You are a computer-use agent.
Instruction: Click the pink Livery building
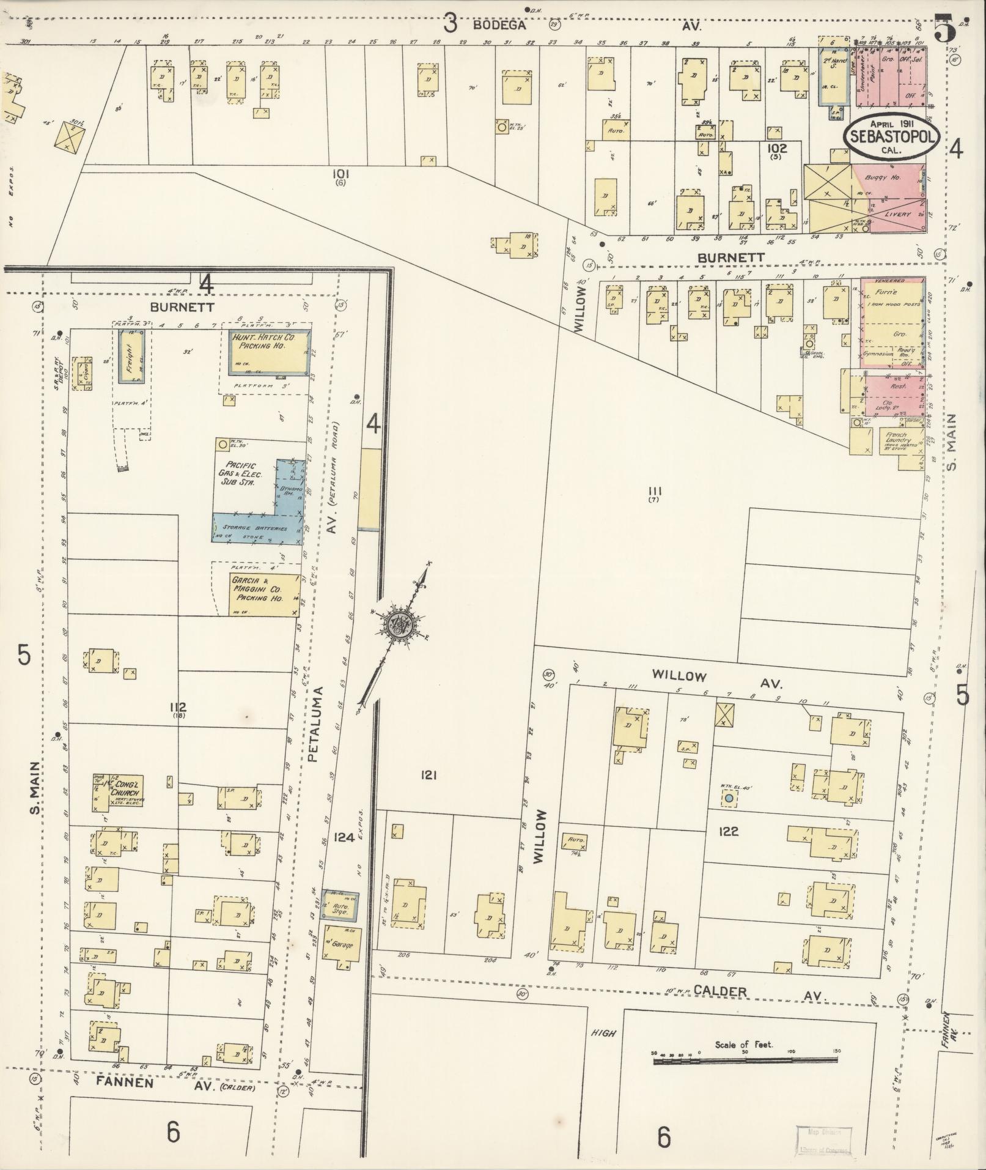(x=896, y=215)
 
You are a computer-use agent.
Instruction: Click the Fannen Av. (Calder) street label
(x=177, y=1083)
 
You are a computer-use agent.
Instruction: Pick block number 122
(x=729, y=832)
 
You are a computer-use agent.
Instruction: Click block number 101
(x=340, y=174)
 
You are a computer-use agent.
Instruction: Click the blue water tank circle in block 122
(x=728, y=798)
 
